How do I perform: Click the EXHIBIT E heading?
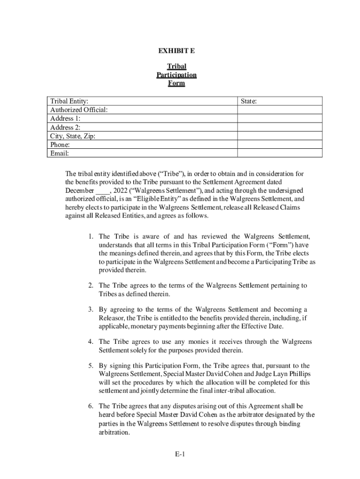point(176,51)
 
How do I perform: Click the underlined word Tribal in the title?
point(176,67)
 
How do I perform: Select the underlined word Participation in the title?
point(176,75)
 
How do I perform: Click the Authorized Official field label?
point(79,110)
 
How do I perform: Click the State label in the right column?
point(248,101)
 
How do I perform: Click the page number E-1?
point(180,454)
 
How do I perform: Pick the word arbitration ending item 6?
point(114,433)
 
